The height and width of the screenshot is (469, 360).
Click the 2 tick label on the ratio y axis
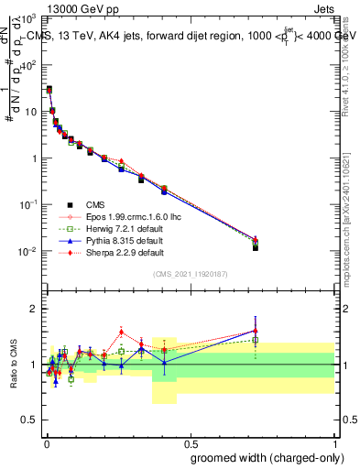point(35,309)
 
